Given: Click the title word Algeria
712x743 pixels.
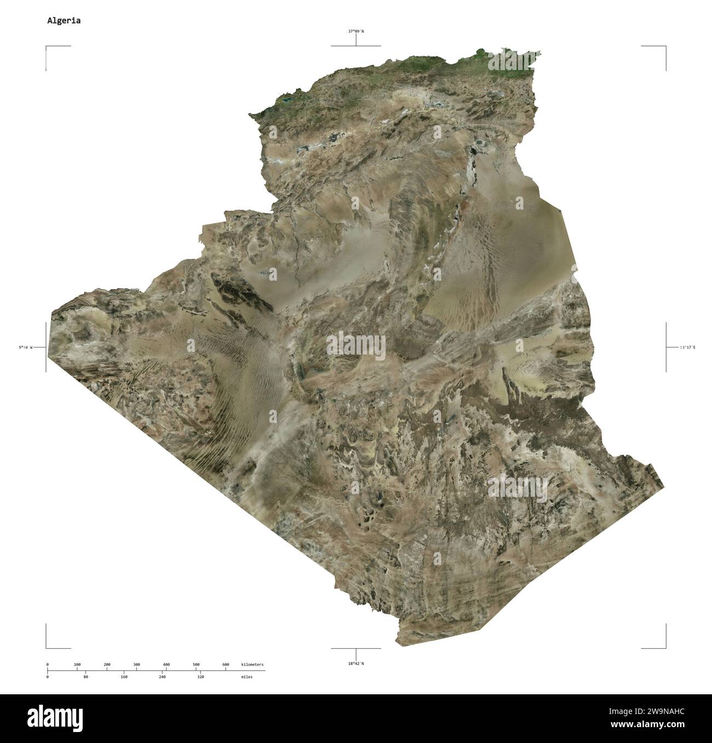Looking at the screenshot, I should click(x=64, y=21).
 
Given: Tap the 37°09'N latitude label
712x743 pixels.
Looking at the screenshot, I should click(x=356, y=31).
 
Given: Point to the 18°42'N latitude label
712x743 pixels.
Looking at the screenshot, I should click(x=356, y=664).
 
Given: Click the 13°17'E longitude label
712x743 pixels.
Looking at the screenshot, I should click(x=687, y=347).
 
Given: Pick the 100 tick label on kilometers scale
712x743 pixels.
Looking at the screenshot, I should click(x=77, y=664).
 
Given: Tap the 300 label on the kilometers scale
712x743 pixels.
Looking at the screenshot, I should click(x=136, y=664).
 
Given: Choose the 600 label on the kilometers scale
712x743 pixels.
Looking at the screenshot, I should click(x=226, y=664).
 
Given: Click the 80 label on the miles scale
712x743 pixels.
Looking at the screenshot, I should click(x=85, y=677).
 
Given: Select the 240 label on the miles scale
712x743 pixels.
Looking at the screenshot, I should click(x=162, y=677).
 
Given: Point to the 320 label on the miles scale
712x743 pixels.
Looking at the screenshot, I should click(x=200, y=677).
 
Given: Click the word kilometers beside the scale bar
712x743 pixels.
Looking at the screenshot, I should click(x=252, y=664).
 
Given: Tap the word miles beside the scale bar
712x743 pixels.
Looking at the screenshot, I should click(x=246, y=677).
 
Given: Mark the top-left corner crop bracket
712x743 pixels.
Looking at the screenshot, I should click(x=47, y=48).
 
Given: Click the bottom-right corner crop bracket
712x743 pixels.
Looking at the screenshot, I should click(x=665, y=647).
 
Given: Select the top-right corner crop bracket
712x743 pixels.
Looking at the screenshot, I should click(x=665, y=48).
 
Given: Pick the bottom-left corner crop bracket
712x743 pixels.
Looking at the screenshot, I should click(x=47, y=647).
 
